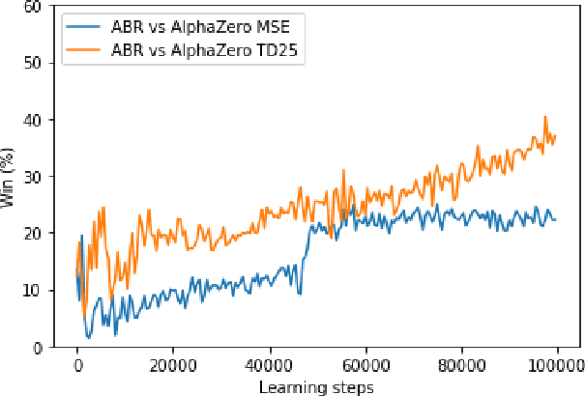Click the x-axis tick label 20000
pos(173,366)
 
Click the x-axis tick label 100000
pos(555,366)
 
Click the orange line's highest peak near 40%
pos(545,117)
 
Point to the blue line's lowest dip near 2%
pos(88,337)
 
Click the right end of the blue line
pos(556,219)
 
